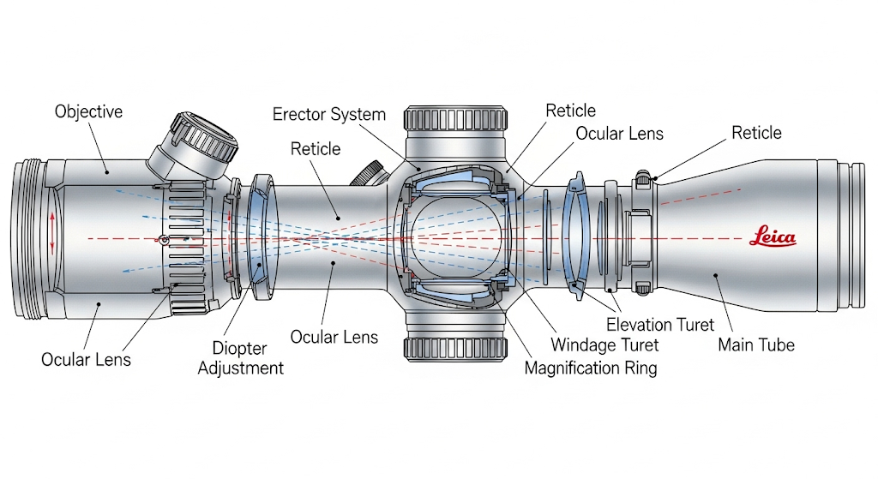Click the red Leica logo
point(773,237)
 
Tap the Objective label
point(88,111)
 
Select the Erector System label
point(328,114)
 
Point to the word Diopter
point(241,350)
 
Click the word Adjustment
point(241,368)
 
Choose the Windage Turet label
point(604,345)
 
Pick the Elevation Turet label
point(660,325)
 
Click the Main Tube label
point(756,344)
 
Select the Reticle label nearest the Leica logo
point(756,133)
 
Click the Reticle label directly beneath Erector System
point(316,149)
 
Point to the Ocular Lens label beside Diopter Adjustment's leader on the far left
point(87,359)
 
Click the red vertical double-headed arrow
point(52,233)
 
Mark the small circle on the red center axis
point(162,238)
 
